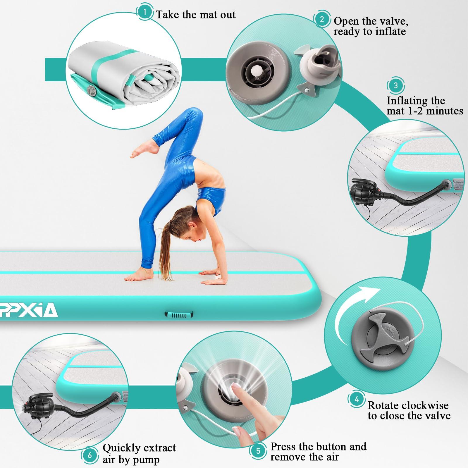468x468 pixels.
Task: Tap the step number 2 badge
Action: (x=322, y=19)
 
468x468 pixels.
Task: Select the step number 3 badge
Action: (x=396, y=85)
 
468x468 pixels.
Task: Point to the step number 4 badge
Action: (x=357, y=399)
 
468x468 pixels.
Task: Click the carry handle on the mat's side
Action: (x=179, y=314)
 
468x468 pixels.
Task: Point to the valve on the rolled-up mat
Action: (x=93, y=92)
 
